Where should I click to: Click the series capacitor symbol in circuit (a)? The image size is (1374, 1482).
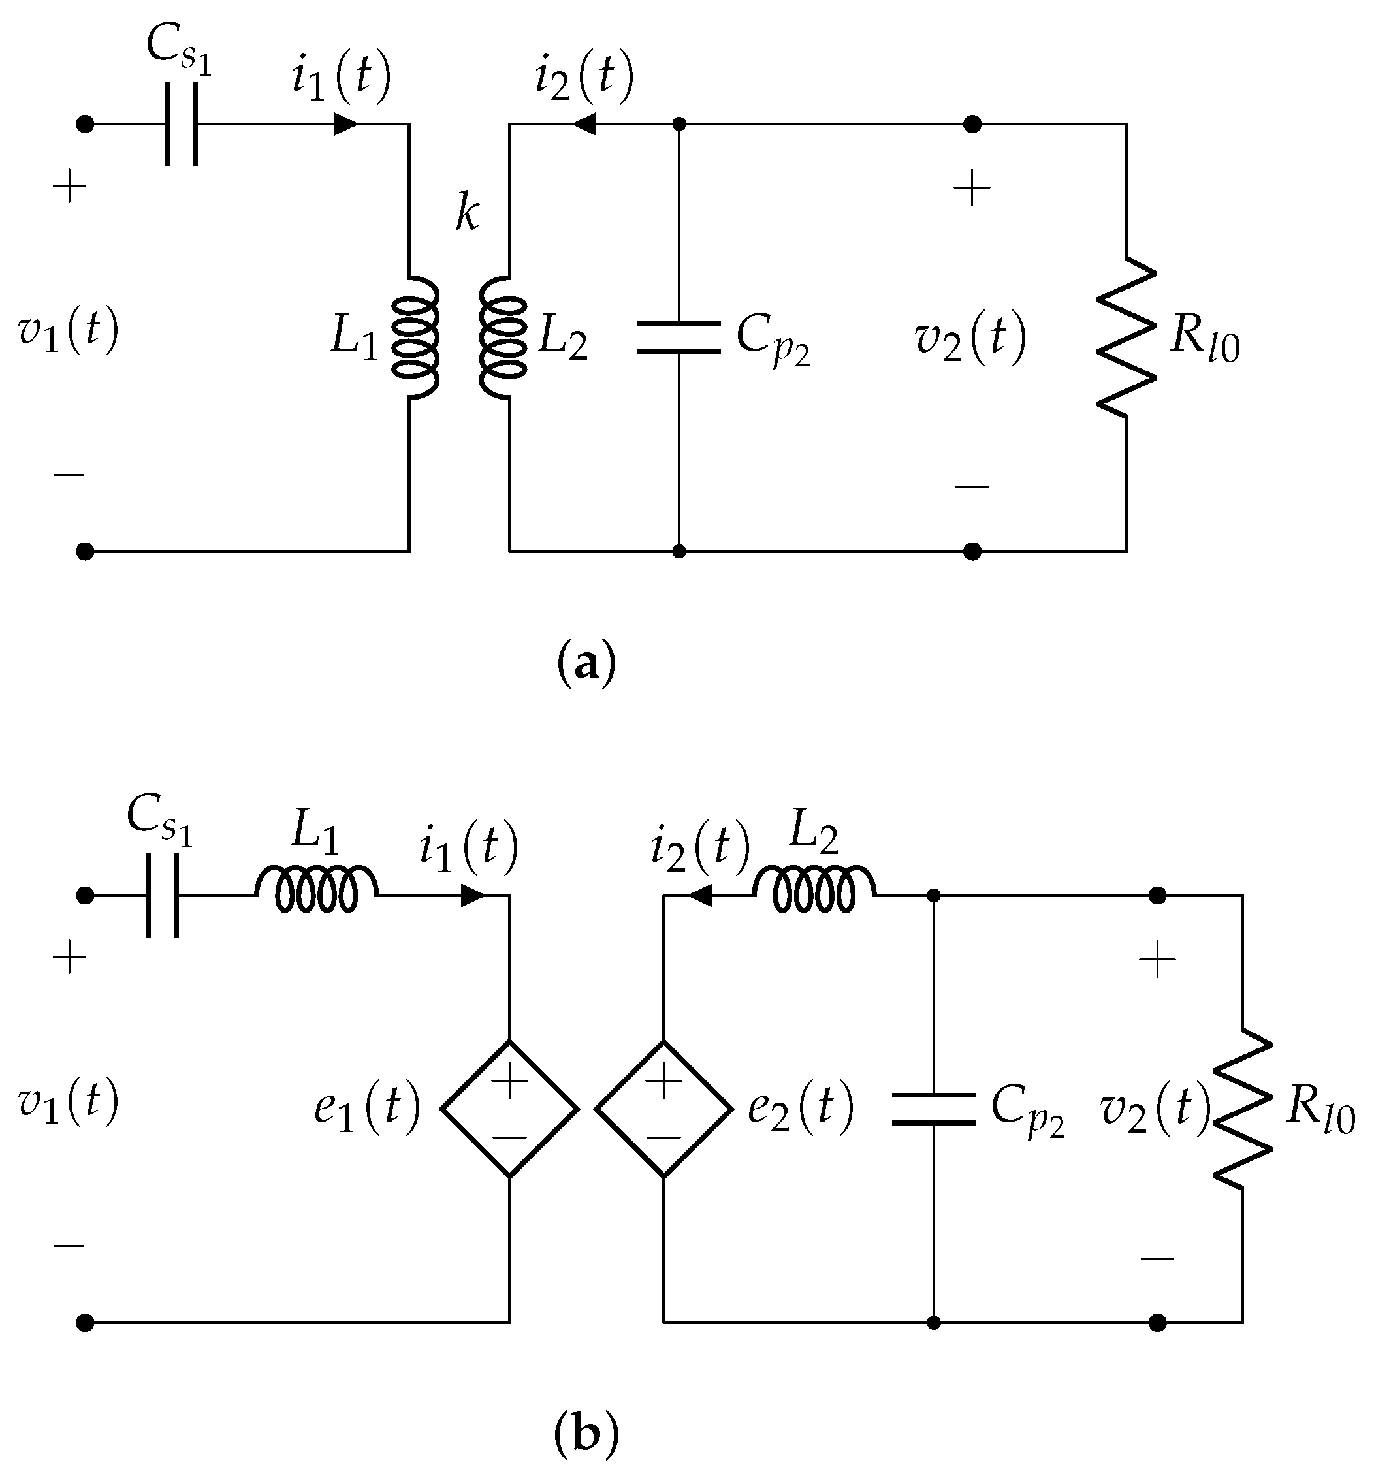(182, 124)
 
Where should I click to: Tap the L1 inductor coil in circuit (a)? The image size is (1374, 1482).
(417, 338)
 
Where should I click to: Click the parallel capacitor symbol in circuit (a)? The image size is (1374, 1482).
(679, 338)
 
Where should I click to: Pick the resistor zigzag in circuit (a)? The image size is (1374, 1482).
(1126, 337)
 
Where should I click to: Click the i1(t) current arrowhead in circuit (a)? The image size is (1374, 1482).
(345, 124)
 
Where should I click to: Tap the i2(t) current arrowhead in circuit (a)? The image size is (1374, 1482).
(584, 124)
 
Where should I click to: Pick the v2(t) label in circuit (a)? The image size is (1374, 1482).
(970, 338)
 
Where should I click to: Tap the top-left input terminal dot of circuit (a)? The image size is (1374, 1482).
(86, 124)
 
